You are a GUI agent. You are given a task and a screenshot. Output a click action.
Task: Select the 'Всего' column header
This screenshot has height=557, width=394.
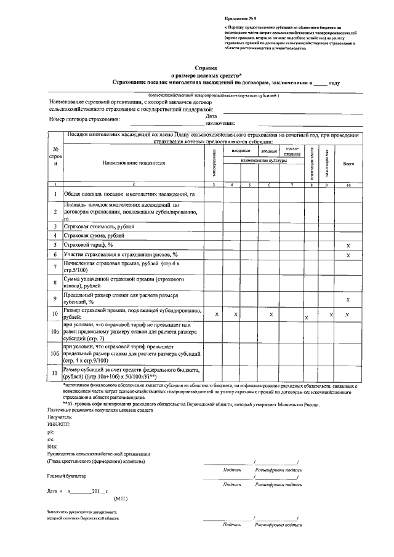click(x=348, y=163)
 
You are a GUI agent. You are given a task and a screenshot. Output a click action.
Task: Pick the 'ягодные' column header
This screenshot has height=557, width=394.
click(x=268, y=151)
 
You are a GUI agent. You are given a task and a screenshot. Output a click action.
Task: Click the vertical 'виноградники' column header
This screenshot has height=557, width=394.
click(x=214, y=163)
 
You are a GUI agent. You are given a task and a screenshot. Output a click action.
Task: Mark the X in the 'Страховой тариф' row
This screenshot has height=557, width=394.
click(x=348, y=245)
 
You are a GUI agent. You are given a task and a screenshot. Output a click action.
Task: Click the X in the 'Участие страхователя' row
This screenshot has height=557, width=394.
click(x=348, y=255)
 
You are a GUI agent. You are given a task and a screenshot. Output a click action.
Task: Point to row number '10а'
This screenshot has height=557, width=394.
click(x=55, y=332)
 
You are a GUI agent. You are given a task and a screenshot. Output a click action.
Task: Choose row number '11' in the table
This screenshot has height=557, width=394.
click(x=55, y=373)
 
